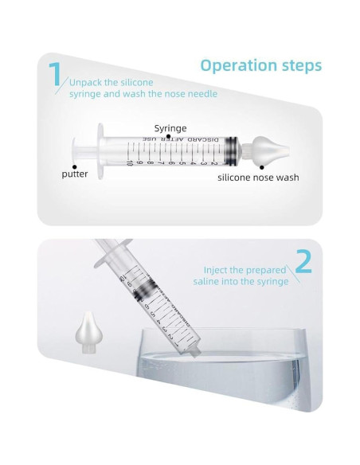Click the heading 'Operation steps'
pos(261,66)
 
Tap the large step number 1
pos(54,74)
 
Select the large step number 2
pos(304,261)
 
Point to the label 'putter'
pos(75,174)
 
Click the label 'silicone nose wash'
pos(258,178)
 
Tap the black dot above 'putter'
pos(75,167)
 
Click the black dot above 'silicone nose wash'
pos(262,167)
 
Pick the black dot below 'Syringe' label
pos(168,137)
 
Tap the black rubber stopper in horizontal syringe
pos(232,150)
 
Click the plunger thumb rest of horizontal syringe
pos(74,150)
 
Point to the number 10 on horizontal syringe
pos(130,162)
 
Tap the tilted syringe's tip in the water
pos(194,352)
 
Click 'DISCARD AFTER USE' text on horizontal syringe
pos(181,139)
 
